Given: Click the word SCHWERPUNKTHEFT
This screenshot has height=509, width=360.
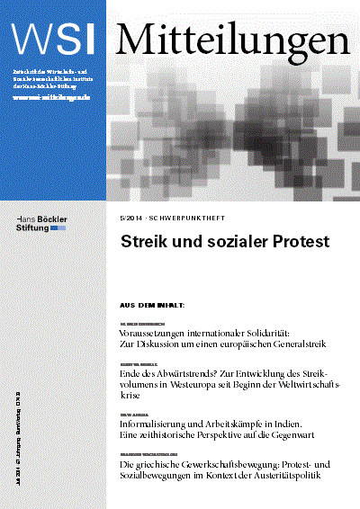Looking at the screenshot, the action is coord(185,218).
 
